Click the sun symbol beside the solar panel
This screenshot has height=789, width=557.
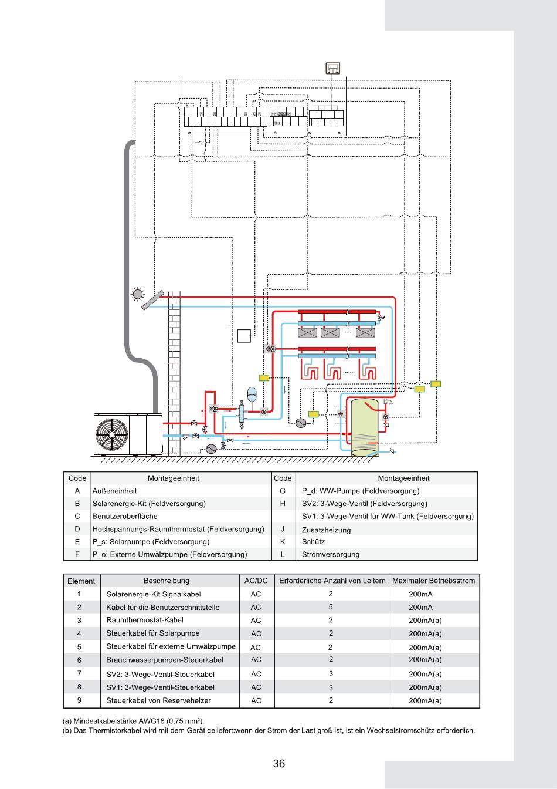[137, 294]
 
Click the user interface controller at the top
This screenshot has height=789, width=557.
[333, 68]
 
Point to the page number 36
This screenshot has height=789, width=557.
[278, 763]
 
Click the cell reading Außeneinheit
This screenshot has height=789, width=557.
[115, 491]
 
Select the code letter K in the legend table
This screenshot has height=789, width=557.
[283, 542]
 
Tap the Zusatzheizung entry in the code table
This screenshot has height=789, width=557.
[326, 530]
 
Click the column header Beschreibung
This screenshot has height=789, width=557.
[167, 581]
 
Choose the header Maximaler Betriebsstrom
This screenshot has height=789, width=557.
[434, 581]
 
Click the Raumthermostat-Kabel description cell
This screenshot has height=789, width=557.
[145, 620]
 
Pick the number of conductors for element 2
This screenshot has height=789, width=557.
[331, 607]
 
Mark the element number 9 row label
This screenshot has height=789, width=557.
[79, 700]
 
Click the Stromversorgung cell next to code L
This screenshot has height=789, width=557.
[331, 554]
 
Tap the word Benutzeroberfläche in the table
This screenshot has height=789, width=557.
[125, 516]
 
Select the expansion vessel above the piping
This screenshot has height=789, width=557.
[252, 392]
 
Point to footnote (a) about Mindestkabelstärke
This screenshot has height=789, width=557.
[134, 721]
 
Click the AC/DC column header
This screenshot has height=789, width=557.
[256, 581]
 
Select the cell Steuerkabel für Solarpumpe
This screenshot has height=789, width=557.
[153, 633]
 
